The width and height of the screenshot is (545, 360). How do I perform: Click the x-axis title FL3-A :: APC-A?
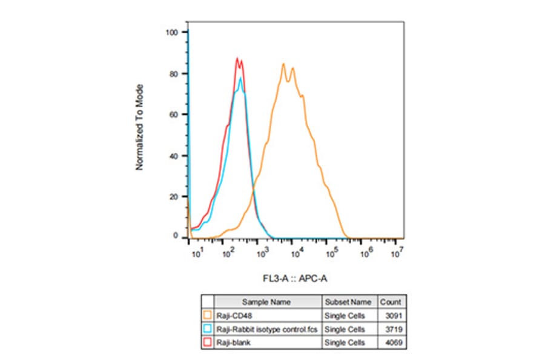[295, 278]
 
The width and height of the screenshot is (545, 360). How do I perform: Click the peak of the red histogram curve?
[237, 58]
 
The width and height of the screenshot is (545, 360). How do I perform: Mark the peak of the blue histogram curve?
[240, 78]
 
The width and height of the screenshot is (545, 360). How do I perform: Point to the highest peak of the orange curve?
[283, 64]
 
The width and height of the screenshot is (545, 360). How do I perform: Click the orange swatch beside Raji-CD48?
[207, 315]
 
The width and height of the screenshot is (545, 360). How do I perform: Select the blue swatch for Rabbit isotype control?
[207, 329]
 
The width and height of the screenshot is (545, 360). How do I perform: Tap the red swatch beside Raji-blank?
[207, 343]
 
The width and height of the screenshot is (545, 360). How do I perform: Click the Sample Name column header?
[266, 302]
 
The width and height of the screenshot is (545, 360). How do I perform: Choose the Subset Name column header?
[348, 302]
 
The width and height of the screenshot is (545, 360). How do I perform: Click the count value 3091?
[392, 315]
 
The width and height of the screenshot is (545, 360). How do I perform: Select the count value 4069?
[392, 343]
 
